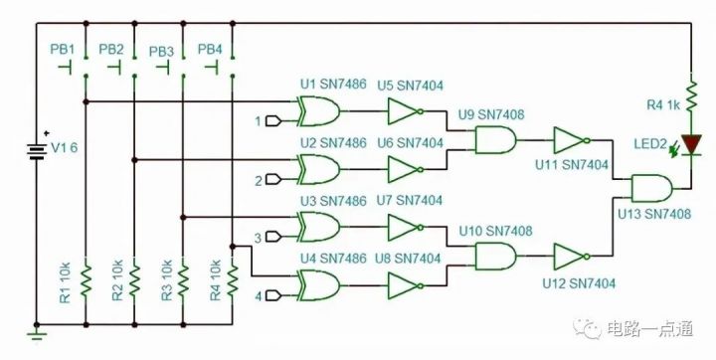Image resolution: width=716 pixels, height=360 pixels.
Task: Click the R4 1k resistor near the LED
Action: tap(690, 101)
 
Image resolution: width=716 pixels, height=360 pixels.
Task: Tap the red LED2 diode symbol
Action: tap(690, 144)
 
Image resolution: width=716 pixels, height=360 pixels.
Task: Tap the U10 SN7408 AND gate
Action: tap(493, 259)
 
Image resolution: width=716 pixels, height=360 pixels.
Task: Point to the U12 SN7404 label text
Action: tap(579, 283)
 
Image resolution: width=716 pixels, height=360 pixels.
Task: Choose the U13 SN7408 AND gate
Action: tap(647, 188)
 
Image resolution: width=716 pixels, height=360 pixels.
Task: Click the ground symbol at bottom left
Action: tap(37, 335)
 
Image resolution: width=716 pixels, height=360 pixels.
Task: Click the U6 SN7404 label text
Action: tap(410, 143)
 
